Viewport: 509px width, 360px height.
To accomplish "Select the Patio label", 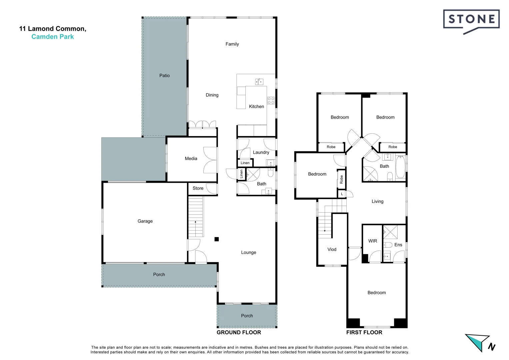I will click(164, 76).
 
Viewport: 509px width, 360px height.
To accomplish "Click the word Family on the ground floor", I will click(232, 44).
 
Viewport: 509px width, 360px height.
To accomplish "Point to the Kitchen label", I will click(256, 107).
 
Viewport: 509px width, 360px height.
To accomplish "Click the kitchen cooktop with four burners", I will click(271, 100).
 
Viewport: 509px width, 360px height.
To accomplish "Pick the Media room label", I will click(191, 159).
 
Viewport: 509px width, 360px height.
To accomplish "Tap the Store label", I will click(198, 188).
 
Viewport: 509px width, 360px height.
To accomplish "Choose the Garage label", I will click(145, 221).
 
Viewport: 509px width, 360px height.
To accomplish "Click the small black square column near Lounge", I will click(217, 239).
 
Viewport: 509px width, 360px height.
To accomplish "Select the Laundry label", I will click(261, 152).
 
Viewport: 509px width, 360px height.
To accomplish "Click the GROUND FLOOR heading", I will click(239, 332).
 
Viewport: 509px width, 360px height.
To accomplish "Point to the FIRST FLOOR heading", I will click(364, 332).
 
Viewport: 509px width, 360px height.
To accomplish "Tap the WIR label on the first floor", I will click(373, 241).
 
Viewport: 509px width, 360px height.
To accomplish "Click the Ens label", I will click(398, 245).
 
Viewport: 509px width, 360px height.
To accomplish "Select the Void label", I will click(332, 249).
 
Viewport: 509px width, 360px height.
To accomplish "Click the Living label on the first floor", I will click(377, 201).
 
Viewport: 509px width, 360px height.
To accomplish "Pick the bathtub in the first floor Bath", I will click(400, 167).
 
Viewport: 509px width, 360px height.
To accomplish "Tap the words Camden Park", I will click(53, 37).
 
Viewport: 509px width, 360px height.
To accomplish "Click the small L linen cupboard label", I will click(342, 194).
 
